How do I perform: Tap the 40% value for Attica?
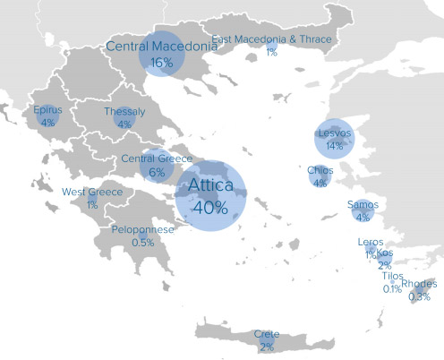pyautogui.click(x=209, y=208)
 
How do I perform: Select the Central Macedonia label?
pyautogui.click(x=161, y=47)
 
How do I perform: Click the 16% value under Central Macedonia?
pyautogui.click(x=162, y=64)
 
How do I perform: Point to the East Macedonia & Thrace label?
pyautogui.click(x=272, y=39)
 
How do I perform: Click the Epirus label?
pyautogui.click(x=47, y=110)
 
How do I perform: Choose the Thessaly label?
pyautogui.click(x=124, y=112)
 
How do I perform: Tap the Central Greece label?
pyautogui.click(x=157, y=159)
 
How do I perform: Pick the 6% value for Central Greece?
pyautogui.click(x=157, y=173)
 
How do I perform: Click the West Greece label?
pyautogui.click(x=91, y=193)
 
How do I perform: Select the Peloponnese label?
pyautogui.click(x=142, y=230)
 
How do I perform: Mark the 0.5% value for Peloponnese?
pyautogui.click(x=142, y=243)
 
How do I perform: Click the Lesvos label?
pyautogui.click(x=336, y=134)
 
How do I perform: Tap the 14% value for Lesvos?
pyautogui.click(x=335, y=146)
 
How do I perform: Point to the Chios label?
pyautogui.click(x=320, y=170)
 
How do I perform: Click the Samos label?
pyautogui.click(x=363, y=205)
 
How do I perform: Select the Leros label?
pyautogui.click(x=370, y=243)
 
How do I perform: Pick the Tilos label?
pyautogui.click(x=393, y=277)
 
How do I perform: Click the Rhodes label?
pyautogui.click(x=419, y=285)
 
